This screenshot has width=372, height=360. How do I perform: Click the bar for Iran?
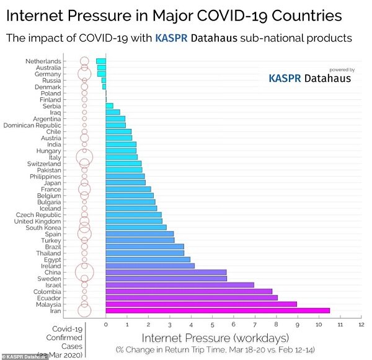tap(218, 310)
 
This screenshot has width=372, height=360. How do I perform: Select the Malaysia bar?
tap(201, 304)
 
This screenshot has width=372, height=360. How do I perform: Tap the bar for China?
tap(166, 272)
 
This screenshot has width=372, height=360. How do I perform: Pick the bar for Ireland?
tap(150, 266)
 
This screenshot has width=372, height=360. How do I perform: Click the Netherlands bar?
tap(101, 61)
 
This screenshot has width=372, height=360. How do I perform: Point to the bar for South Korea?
tap(136, 227)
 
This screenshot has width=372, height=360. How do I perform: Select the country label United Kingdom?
tap(38, 221)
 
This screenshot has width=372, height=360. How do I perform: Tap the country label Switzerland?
tap(44, 164)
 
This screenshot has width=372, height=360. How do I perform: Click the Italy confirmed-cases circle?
tap(84, 157)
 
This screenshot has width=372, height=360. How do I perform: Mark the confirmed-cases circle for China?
tap(84, 272)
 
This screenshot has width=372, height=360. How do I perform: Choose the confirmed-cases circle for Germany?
tap(84, 74)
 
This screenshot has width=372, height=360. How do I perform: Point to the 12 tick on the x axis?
tap(361, 324)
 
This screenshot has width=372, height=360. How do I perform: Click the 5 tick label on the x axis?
tap(212, 324)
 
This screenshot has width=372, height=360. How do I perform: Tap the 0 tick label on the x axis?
tap(106, 324)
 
